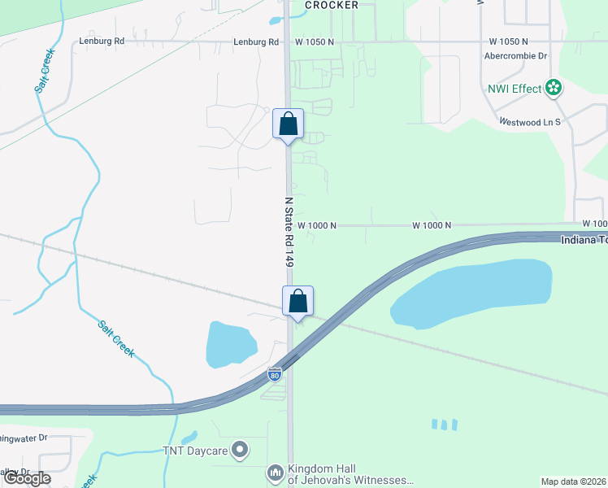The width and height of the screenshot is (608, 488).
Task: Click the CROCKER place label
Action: (x=332, y=5)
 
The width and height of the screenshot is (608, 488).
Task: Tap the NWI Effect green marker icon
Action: (x=554, y=88)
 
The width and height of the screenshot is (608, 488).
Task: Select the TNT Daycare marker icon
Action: (x=240, y=449)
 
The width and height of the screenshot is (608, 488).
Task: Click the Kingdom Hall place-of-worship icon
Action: (x=275, y=473)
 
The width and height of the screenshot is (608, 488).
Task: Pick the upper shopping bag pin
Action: (x=288, y=124)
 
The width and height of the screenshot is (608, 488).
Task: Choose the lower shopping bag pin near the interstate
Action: (x=298, y=302)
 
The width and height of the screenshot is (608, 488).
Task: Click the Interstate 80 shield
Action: (x=275, y=375)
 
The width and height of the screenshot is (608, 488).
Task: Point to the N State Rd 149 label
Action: (x=289, y=232)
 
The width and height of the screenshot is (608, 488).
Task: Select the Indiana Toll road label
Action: (x=584, y=240)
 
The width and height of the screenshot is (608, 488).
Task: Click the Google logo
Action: (x=27, y=478)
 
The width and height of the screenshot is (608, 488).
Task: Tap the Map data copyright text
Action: (x=574, y=481)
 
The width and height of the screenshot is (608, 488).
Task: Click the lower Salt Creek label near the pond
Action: (x=116, y=338)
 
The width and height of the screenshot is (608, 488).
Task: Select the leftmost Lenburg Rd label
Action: (x=102, y=41)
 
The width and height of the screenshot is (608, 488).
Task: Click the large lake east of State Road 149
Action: (x=471, y=293)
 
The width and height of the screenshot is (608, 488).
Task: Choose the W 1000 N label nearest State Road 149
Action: (x=317, y=225)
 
